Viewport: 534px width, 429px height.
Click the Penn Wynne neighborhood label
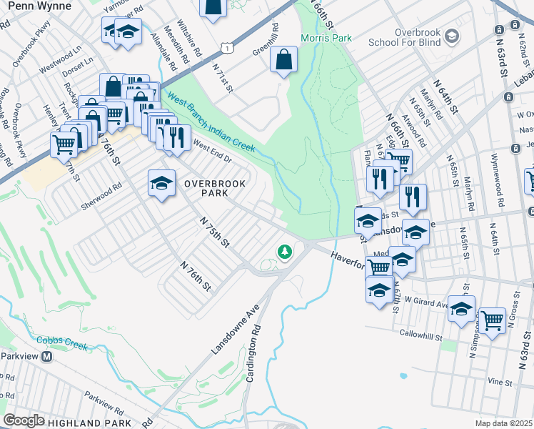(40, 6)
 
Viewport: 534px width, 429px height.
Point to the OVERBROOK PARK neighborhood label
(215, 189)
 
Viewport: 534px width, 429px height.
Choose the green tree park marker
(285, 252)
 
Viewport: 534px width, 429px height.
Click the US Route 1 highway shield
(226, 46)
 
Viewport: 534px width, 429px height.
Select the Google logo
(24, 420)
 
